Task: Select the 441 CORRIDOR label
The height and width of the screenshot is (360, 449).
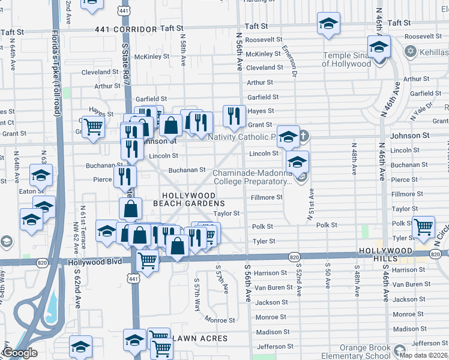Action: click(x=119, y=29)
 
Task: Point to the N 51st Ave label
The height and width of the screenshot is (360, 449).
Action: click(x=312, y=206)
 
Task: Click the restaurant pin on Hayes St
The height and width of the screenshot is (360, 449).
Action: click(x=234, y=115)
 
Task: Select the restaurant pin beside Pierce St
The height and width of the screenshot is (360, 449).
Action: click(x=125, y=176)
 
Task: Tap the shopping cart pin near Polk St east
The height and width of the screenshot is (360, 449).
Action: click(x=424, y=227)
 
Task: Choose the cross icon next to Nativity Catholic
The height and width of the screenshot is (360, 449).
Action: click(x=304, y=136)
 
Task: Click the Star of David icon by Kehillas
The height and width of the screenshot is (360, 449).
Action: click(x=411, y=52)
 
